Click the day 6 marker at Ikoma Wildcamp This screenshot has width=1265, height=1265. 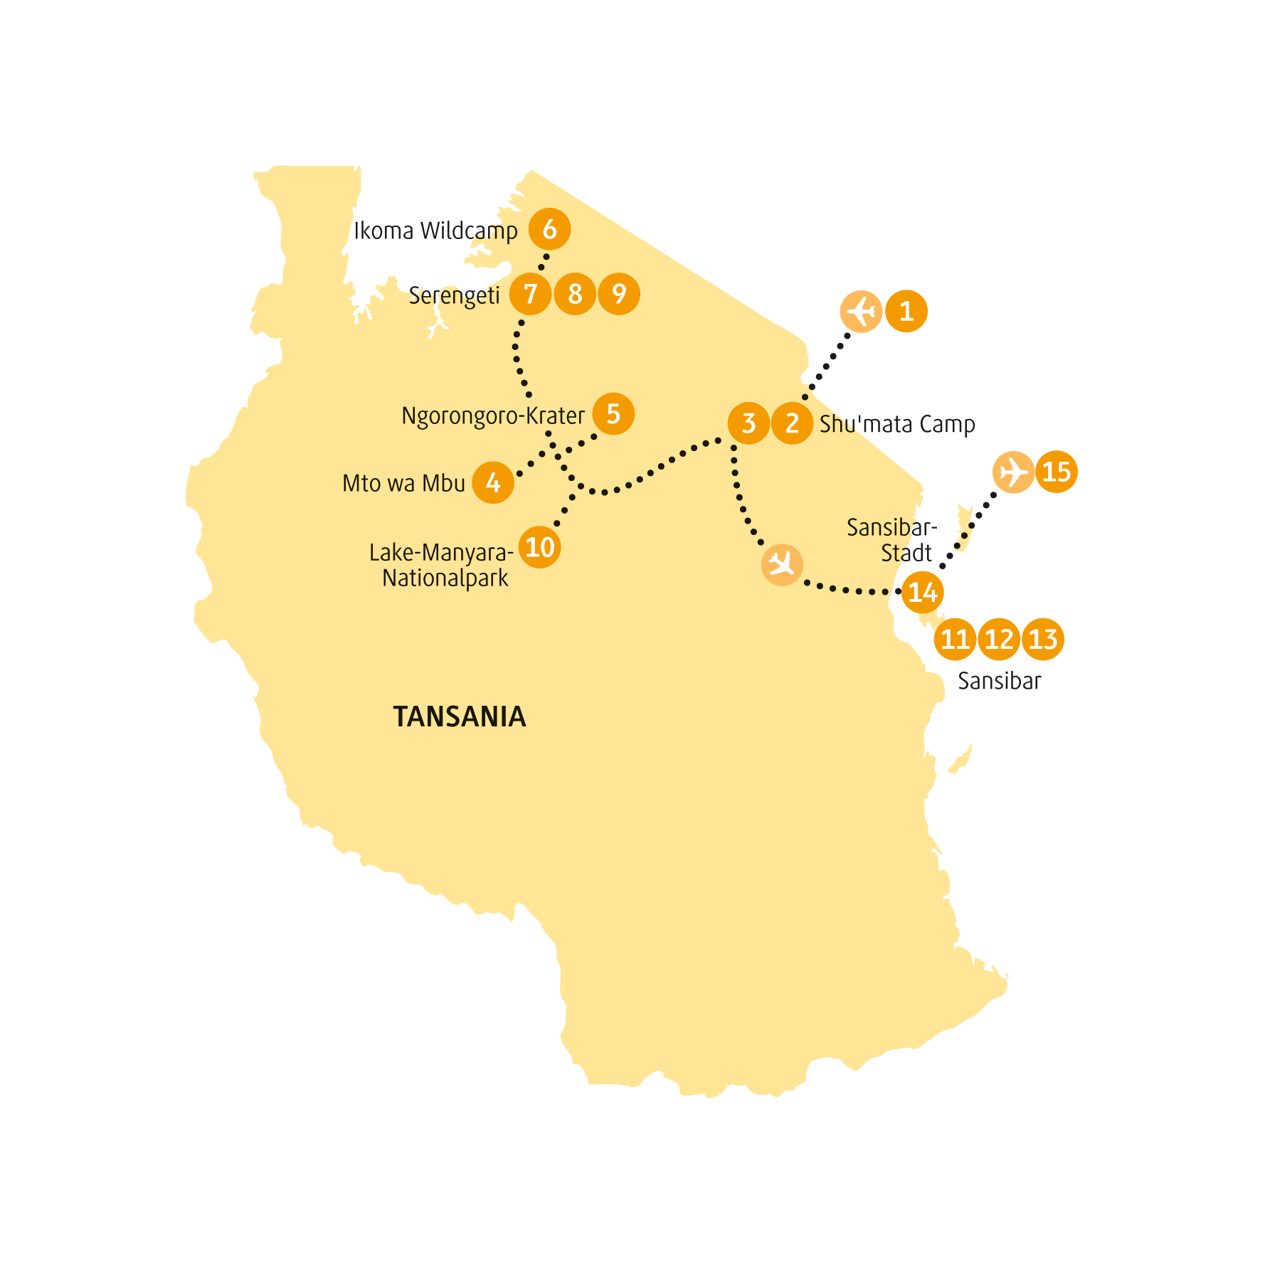point(549,229)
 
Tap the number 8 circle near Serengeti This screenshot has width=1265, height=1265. point(575,294)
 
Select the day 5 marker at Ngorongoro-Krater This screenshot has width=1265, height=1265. point(613,414)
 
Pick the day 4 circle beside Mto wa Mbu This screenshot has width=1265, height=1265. point(493,482)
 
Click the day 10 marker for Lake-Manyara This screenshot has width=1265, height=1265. point(540,547)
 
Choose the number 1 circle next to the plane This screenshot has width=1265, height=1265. point(906,311)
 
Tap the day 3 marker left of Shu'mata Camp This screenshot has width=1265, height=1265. point(748,423)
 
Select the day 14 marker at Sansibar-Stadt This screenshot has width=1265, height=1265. point(923,592)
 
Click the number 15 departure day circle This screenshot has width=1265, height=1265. point(1057,472)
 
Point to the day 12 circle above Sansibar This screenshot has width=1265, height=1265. point(1000,639)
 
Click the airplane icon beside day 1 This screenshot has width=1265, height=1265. point(862,311)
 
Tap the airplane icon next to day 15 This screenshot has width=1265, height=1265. point(1013,472)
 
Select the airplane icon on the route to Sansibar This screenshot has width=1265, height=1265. point(783,565)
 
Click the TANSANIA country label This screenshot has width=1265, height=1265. point(460,716)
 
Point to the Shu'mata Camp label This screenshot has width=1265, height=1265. point(897,424)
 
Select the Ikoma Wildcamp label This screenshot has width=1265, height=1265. point(436,231)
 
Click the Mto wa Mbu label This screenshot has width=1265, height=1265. point(403,484)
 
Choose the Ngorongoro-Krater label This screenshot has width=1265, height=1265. point(493,416)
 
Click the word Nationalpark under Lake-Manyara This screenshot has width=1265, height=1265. point(445,578)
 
